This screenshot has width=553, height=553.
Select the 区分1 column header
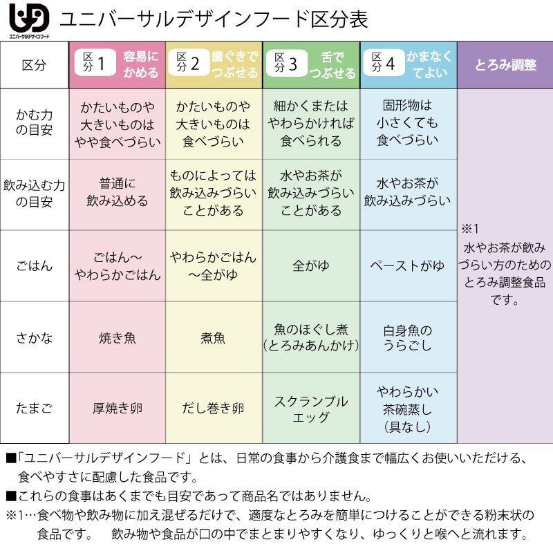tap(117, 64)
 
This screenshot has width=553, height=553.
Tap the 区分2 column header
tap(214, 64)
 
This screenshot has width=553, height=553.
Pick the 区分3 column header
tap(311, 64)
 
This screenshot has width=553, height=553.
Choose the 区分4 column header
tap(408, 64)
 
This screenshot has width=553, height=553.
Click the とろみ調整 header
tap(505, 65)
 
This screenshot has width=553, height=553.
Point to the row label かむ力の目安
tap(35, 123)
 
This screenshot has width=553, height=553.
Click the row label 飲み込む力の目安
tap(35, 194)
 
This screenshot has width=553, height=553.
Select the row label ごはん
tap(35, 266)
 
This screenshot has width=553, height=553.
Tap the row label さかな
tap(35, 338)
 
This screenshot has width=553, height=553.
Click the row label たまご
tap(35, 409)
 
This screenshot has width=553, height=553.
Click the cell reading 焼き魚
tap(117, 339)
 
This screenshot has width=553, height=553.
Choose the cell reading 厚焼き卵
tap(117, 409)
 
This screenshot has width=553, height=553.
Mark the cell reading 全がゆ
tap(311, 266)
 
